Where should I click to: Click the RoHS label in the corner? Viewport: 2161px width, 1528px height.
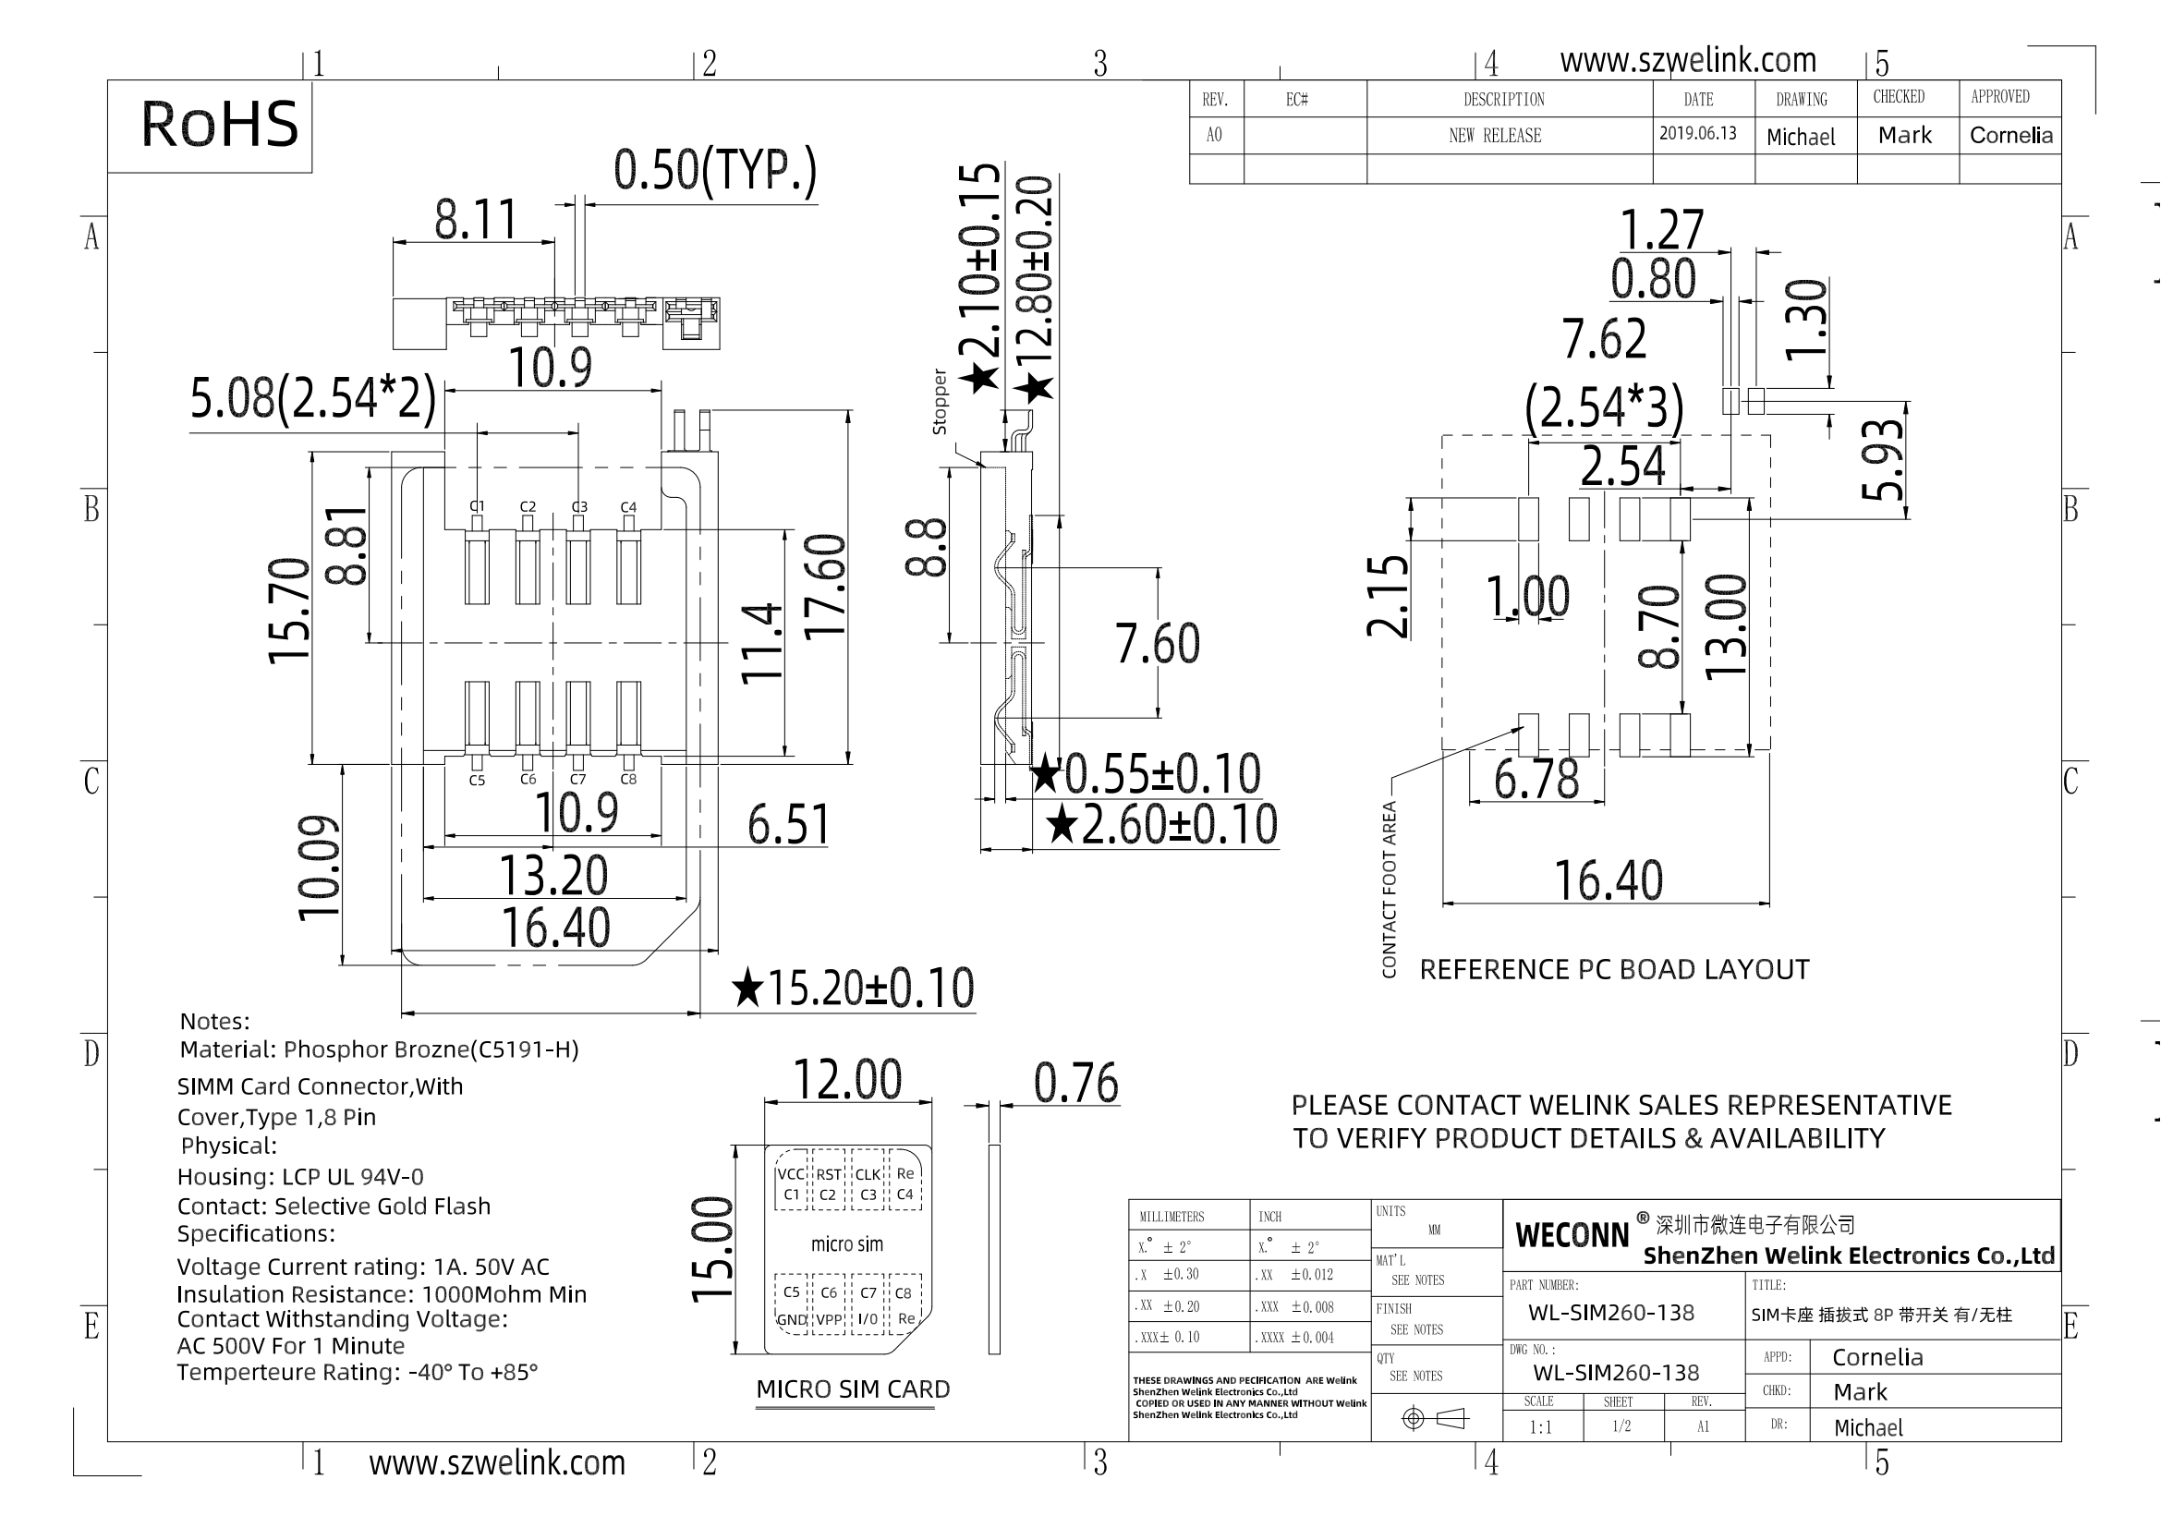tap(219, 124)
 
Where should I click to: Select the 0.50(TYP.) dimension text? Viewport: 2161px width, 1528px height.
tap(715, 170)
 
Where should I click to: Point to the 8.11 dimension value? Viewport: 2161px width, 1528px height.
tap(475, 219)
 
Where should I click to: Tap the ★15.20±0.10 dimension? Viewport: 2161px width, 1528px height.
tap(853, 988)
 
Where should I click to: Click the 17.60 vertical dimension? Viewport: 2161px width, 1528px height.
tap(825, 588)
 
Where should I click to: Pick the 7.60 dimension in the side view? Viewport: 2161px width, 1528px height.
tap(1158, 644)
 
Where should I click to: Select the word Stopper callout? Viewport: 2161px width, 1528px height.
tap(940, 402)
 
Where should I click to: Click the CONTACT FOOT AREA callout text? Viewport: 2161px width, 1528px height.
tap(1390, 889)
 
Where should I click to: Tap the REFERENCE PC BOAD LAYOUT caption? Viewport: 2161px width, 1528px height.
tap(1614, 970)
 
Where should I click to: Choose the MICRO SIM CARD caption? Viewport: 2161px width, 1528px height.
tap(853, 1389)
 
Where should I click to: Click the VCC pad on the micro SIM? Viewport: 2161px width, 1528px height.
tap(791, 1174)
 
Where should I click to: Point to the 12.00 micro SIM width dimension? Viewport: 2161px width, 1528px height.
tap(848, 1079)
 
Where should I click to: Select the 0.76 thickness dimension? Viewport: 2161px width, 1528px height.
tap(1075, 1083)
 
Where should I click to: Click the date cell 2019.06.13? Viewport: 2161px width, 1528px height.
tap(1698, 134)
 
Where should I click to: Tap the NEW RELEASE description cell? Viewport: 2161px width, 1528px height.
tap(1495, 136)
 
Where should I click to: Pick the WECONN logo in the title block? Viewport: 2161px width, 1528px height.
tap(1572, 1235)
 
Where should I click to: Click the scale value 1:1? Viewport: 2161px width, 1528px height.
tap(1540, 1427)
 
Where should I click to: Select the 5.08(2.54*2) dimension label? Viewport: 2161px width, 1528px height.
tap(313, 398)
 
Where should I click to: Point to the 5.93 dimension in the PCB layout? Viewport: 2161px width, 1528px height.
tap(1883, 460)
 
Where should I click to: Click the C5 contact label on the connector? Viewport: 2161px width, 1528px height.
tap(477, 781)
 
